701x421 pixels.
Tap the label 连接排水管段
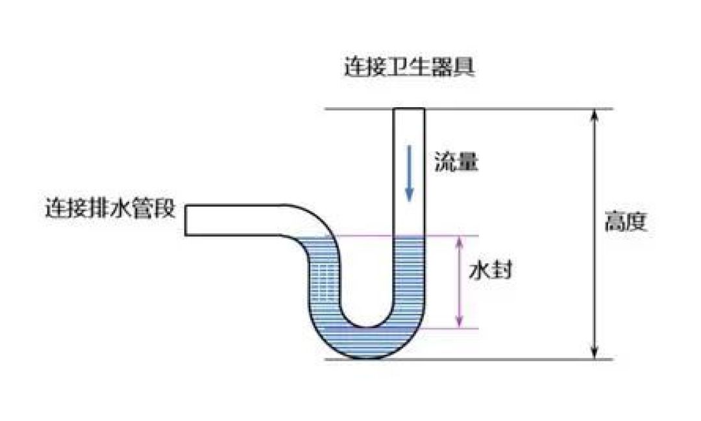tap(110, 209)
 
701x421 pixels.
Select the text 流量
tap(456, 162)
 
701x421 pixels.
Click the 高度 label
tap(626, 223)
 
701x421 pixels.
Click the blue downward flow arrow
tap(409, 172)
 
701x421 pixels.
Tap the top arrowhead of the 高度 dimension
tap(594, 115)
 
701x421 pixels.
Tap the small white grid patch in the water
tap(328, 279)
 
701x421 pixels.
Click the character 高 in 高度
tap(615, 223)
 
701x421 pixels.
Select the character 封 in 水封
tap(502, 270)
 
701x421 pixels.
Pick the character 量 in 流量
tap(467, 162)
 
